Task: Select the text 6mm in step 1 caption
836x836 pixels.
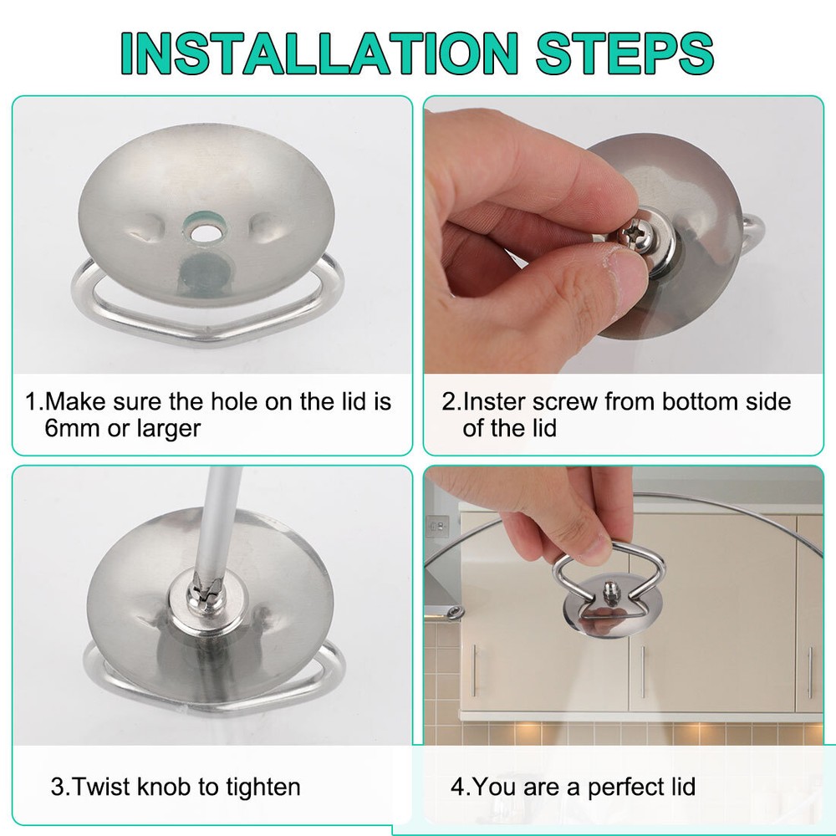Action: point(76,428)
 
